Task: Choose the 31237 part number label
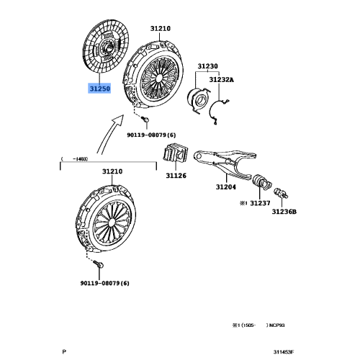(259, 204)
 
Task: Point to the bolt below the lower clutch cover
(100, 266)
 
